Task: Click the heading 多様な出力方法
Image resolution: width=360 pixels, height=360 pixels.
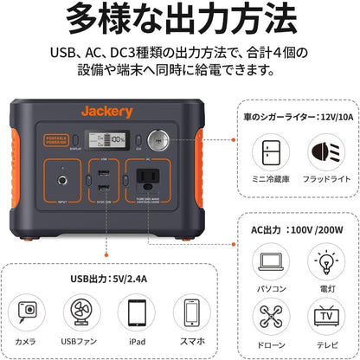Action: point(179,19)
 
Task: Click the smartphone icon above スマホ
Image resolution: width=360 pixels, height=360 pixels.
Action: point(190,312)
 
